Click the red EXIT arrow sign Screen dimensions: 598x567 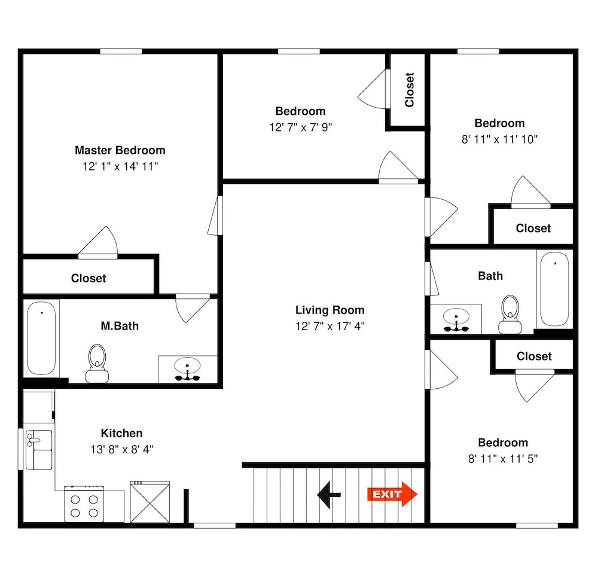(x=392, y=494)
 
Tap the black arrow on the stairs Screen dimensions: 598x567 (x=329, y=495)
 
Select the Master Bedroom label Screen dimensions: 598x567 (x=120, y=150)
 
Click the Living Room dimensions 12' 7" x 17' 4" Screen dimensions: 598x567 (x=330, y=326)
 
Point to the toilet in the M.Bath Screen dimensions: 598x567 (x=97, y=363)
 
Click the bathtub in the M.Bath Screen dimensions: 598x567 (x=41, y=338)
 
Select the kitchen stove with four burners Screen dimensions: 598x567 (x=84, y=504)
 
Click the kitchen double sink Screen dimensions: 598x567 (x=39, y=450)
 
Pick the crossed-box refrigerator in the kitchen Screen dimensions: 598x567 (x=150, y=502)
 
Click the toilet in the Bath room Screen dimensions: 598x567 (x=510, y=315)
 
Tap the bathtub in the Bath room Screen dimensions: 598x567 (x=555, y=289)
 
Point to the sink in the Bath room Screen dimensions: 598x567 (x=456, y=320)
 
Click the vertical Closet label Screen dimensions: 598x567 (x=409, y=90)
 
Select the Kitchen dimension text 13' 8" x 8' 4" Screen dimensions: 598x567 (x=121, y=450)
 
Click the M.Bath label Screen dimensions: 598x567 (x=120, y=326)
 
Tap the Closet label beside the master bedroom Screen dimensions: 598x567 (x=89, y=278)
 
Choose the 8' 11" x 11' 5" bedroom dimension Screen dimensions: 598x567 (x=503, y=459)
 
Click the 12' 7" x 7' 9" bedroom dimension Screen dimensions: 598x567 (x=301, y=127)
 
